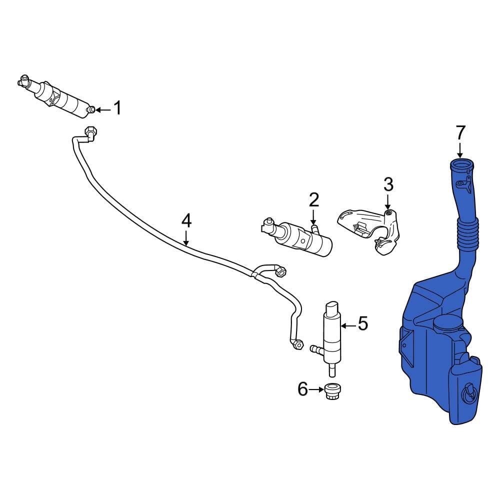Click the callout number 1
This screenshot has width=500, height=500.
117,108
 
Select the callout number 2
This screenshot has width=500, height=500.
313,200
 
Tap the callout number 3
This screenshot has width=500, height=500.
388,184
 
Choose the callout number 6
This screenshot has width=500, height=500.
302,388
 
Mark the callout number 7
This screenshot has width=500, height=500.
460,132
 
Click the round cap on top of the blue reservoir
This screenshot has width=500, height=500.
446,323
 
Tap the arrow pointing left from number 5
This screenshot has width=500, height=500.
348,324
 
